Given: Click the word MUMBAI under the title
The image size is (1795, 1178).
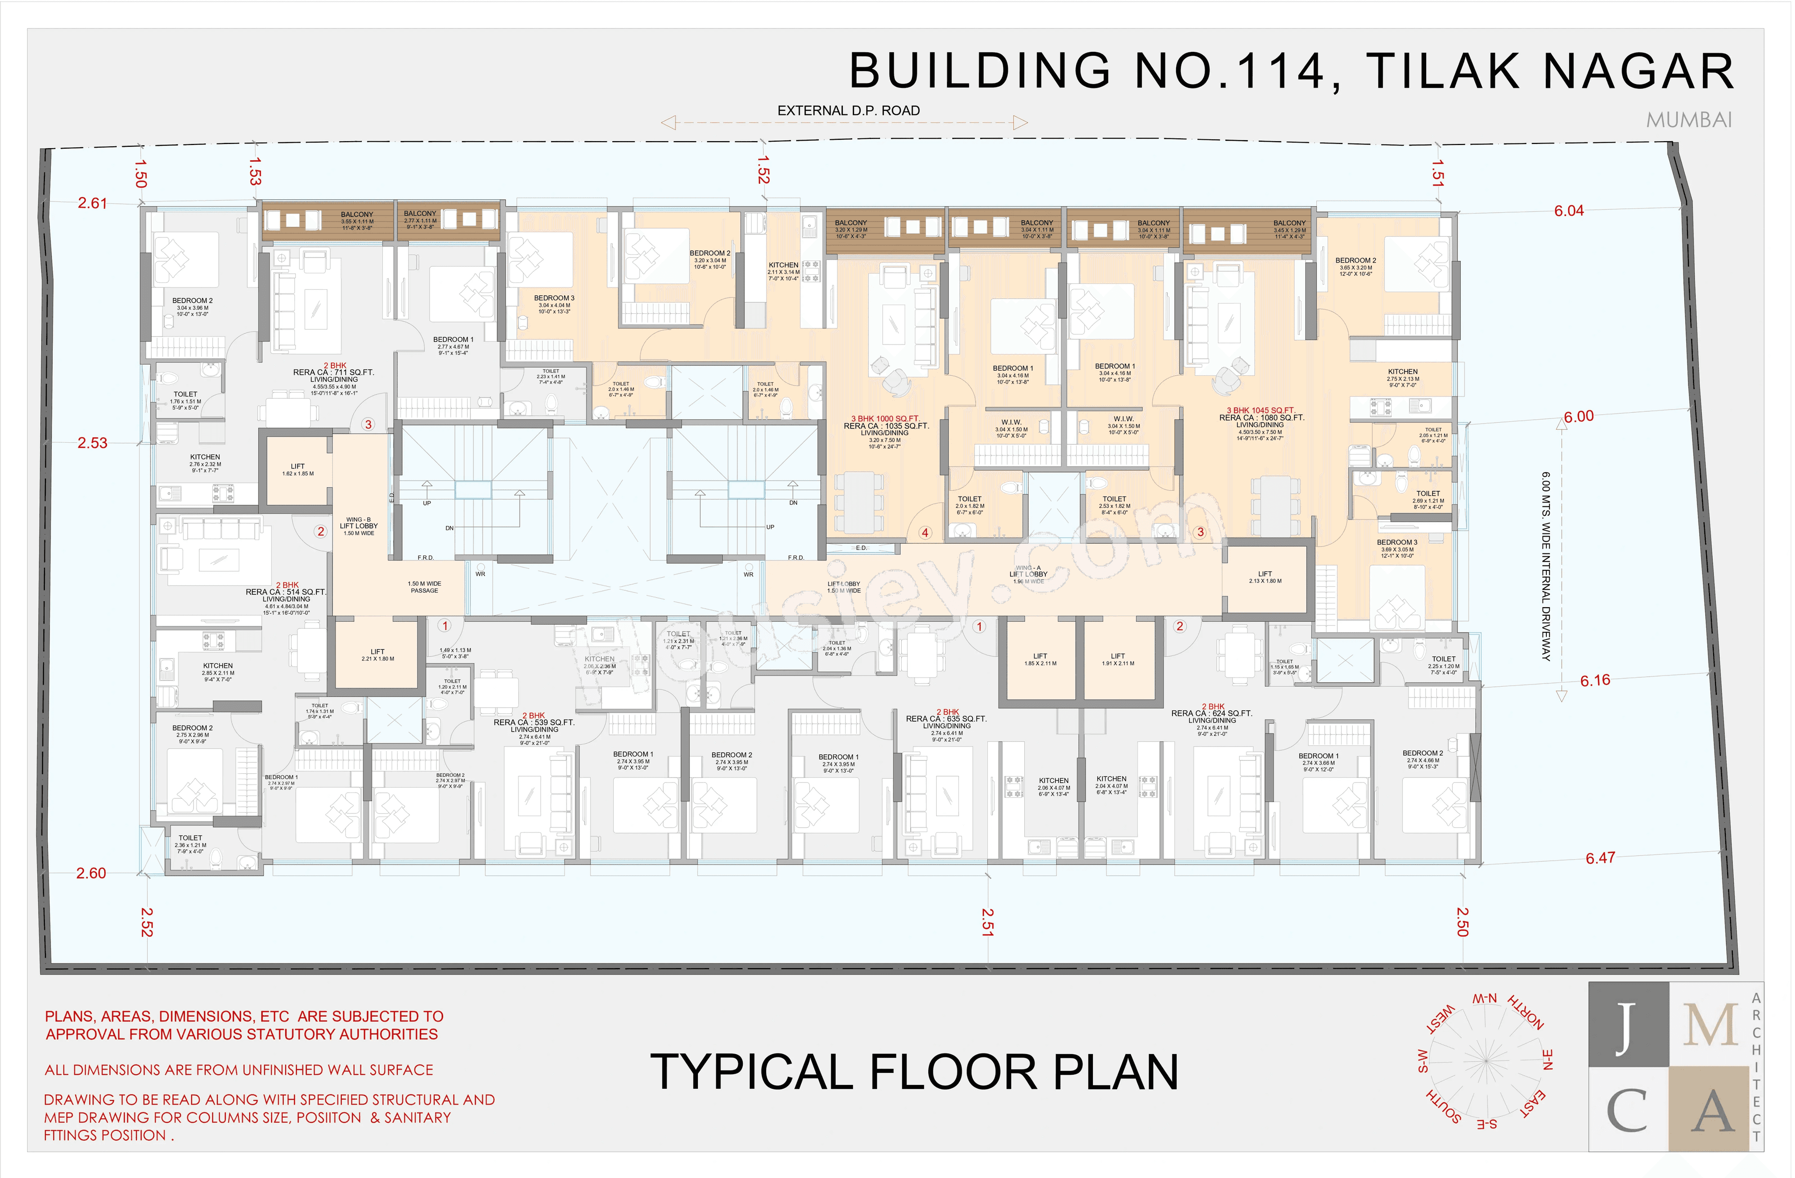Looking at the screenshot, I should point(1689,121).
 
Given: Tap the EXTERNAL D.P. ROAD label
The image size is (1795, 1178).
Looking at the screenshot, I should point(848,111).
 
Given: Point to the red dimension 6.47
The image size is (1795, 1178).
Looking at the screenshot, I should point(1600,858).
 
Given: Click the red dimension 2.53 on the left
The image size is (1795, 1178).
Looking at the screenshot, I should point(92,443).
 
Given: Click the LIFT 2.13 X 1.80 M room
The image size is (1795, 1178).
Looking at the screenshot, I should point(1265,578).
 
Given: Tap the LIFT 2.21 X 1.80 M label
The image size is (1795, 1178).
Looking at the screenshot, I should point(377,654).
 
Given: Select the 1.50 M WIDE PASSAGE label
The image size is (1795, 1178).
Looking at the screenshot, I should point(424,587).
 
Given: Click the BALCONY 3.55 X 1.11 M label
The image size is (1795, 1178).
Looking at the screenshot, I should point(357,219).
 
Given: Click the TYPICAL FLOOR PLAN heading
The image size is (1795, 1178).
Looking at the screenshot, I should point(913,1072).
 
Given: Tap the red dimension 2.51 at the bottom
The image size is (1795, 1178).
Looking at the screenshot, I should point(987,922).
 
